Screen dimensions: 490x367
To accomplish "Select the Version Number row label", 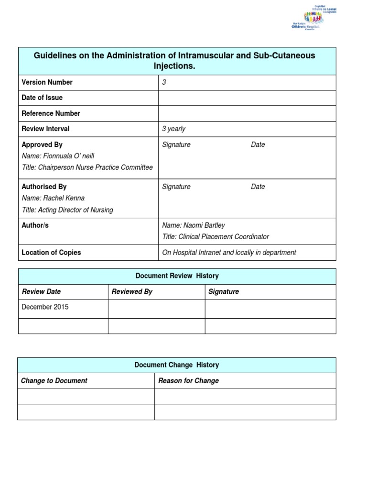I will click(x=47, y=82).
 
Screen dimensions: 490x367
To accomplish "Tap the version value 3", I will click(x=164, y=82).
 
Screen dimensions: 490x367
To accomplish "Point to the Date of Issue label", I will click(x=42, y=98).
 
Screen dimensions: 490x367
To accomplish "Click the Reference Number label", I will click(x=51, y=113).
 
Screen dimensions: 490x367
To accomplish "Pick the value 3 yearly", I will click(x=174, y=129).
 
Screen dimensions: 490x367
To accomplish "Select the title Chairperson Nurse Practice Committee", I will click(x=87, y=167).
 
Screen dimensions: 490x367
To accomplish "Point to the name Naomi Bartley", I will click(x=194, y=225).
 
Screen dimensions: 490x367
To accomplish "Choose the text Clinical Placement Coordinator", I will click(x=216, y=236).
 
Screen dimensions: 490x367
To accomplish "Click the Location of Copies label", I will click(x=51, y=253).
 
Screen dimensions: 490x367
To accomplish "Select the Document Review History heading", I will click(x=177, y=276).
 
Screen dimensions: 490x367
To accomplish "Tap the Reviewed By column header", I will click(x=132, y=291).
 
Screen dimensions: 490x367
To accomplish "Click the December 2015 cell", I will click(x=45, y=307).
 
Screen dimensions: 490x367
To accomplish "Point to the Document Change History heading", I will click(x=176, y=365).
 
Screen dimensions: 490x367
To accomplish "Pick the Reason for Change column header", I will click(x=188, y=381).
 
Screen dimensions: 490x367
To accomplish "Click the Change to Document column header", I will click(x=54, y=381).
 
